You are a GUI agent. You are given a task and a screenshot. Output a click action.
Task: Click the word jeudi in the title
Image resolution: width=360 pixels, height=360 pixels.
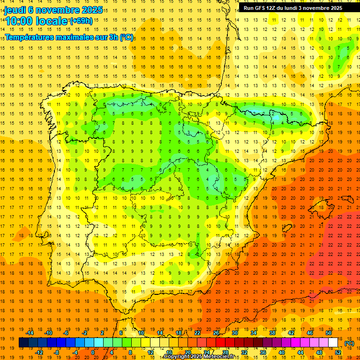[15, 10]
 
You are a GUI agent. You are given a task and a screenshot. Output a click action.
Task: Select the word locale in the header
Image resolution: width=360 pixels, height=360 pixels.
[52, 21]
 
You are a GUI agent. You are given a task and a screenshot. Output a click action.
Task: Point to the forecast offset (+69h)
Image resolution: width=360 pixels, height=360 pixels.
[81, 21]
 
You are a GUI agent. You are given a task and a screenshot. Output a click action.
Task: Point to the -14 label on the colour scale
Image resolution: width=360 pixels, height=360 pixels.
[30, 333]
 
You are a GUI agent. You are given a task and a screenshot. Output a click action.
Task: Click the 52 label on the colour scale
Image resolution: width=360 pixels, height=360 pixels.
[338, 352]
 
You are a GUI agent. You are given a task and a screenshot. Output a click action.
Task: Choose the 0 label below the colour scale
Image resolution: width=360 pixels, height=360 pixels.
[93, 352]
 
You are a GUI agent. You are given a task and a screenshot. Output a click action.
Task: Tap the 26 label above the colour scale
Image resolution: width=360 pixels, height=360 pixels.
[216, 333]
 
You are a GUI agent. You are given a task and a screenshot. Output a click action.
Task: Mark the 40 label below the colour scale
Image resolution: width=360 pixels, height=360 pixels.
[282, 352]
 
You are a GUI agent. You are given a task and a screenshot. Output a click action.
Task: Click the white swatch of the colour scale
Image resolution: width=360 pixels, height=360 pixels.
[333, 343]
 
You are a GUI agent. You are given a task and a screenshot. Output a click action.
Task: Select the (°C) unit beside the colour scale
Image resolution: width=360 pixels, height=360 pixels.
[349, 343]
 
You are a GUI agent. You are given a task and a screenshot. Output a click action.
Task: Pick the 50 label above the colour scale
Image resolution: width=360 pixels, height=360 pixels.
[329, 333]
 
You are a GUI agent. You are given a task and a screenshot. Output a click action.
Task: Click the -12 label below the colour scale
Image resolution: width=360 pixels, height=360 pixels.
[39, 352]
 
